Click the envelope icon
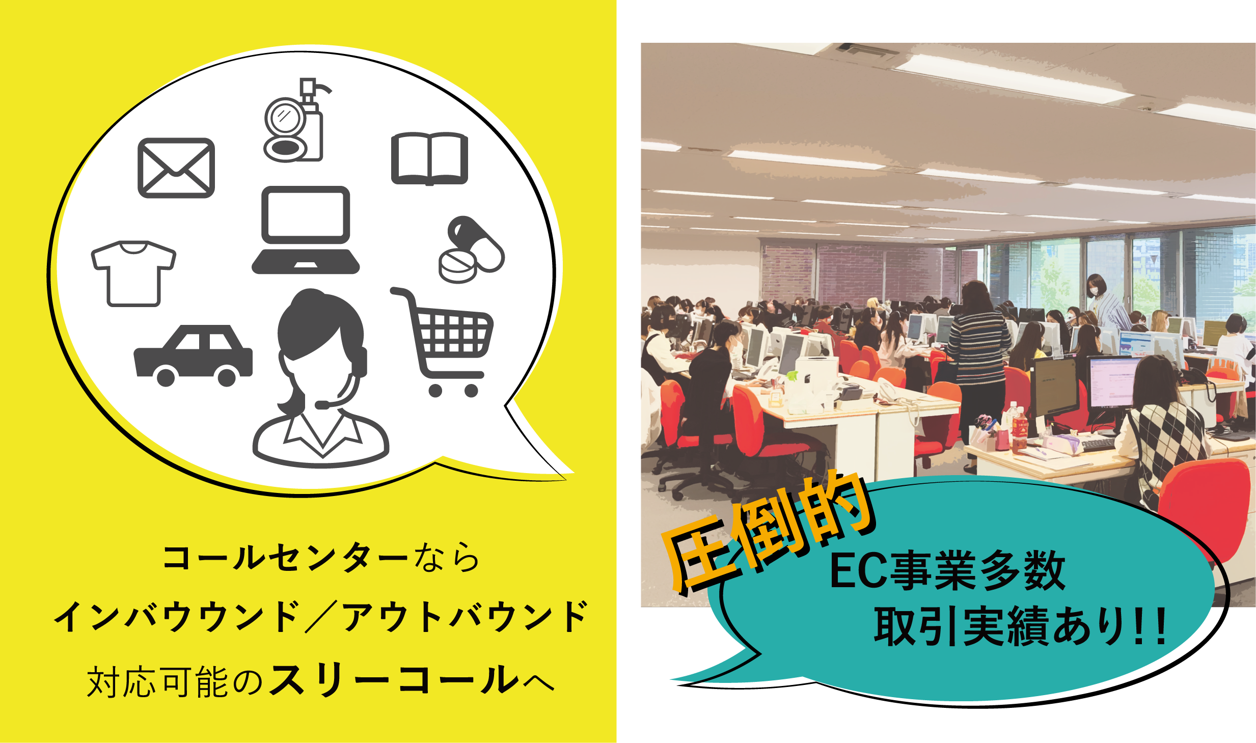(x=176, y=168)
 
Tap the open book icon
(x=429, y=158)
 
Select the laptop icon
(x=306, y=230)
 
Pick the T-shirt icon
(x=133, y=273)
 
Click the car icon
(x=193, y=355)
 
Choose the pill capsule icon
(x=471, y=250)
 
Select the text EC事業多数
(x=947, y=571)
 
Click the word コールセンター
(x=285, y=558)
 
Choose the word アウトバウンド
(x=466, y=617)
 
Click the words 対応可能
(x=157, y=681)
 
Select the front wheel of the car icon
(x=227, y=376)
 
